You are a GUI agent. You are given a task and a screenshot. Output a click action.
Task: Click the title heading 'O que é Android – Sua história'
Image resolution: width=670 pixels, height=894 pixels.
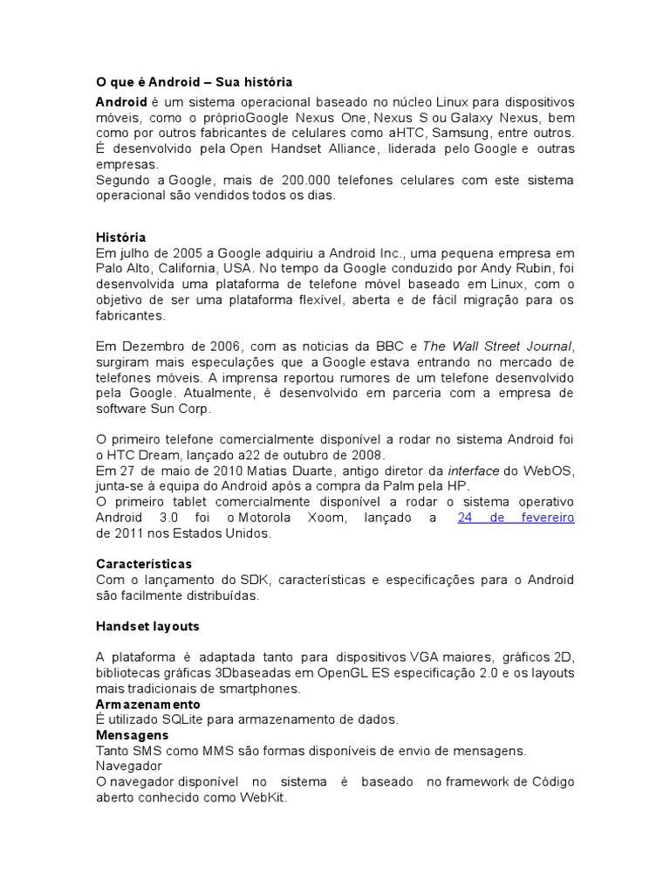click(x=194, y=83)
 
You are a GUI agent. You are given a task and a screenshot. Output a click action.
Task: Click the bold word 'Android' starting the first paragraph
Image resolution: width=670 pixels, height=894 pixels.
click(x=121, y=102)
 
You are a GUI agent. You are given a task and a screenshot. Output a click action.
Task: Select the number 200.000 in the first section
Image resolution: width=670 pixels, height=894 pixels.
click(x=306, y=181)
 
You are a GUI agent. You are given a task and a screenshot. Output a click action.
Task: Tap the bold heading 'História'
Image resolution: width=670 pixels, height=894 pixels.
click(x=120, y=237)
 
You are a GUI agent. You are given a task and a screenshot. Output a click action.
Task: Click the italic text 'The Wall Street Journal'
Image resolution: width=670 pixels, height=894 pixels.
click(x=498, y=347)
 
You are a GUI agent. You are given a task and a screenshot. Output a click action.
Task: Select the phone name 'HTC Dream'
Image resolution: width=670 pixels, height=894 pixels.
click(x=144, y=456)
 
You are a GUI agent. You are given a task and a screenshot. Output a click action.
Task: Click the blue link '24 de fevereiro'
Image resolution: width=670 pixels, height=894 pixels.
click(x=516, y=518)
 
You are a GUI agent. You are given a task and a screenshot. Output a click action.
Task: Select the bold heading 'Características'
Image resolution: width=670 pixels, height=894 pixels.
click(x=143, y=564)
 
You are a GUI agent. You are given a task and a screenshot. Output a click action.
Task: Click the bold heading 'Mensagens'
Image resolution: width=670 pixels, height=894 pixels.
click(x=132, y=735)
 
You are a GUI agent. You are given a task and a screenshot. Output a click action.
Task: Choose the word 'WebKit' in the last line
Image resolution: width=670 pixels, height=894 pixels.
click(x=263, y=798)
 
